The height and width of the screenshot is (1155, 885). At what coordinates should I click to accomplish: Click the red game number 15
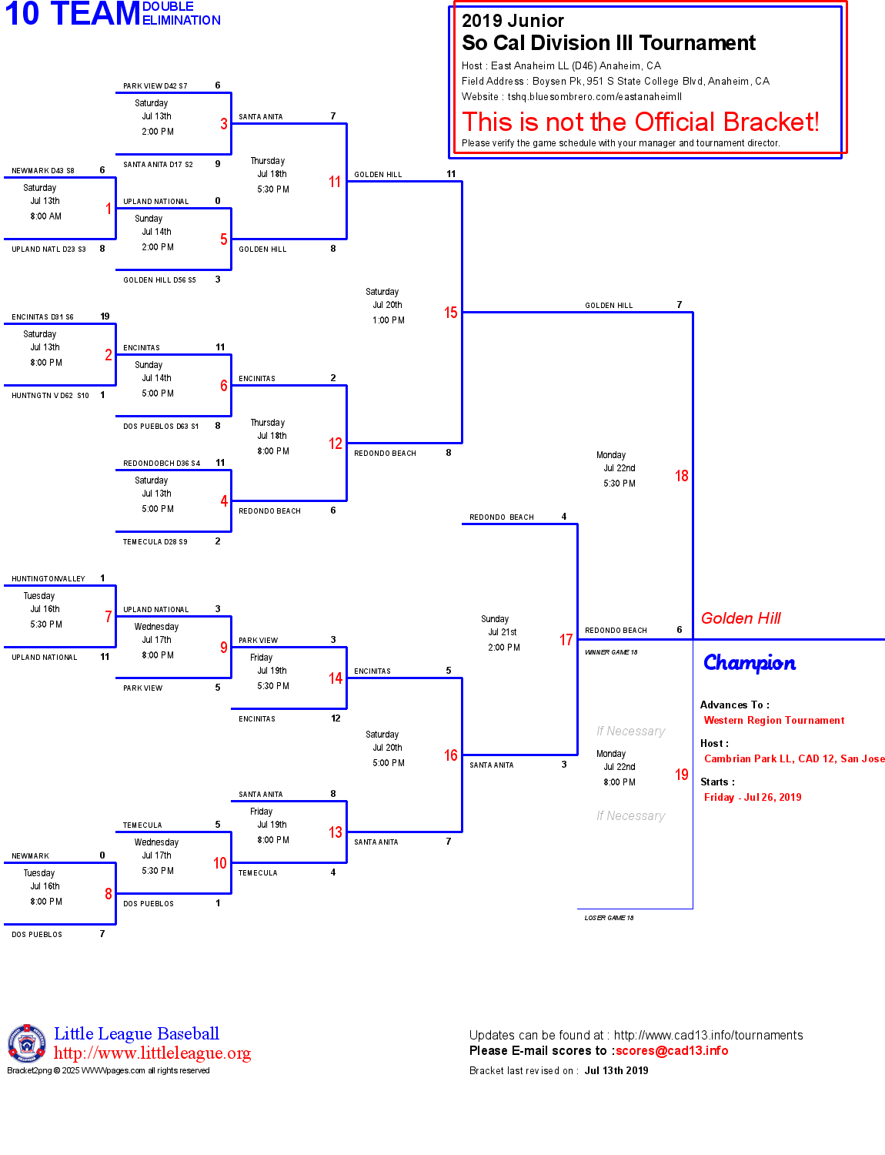pyautogui.click(x=450, y=313)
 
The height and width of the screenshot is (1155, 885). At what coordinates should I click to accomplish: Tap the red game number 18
pyautogui.click(x=681, y=476)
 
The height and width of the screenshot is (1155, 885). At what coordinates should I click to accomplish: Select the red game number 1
pyautogui.click(x=109, y=209)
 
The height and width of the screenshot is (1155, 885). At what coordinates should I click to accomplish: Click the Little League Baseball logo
pyautogui.click(x=27, y=1043)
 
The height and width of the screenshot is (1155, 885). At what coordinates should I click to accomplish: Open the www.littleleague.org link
pyautogui.click(x=152, y=1053)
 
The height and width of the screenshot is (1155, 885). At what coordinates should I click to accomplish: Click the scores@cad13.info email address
pyautogui.click(x=671, y=1051)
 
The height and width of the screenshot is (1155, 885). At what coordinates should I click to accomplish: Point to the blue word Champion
pyautogui.click(x=750, y=663)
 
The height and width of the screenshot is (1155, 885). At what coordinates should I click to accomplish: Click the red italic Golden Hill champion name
pyautogui.click(x=740, y=618)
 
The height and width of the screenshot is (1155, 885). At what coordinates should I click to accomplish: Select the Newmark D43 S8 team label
pyautogui.click(x=43, y=171)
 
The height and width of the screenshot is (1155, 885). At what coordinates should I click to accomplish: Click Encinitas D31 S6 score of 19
pyautogui.click(x=105, y=316)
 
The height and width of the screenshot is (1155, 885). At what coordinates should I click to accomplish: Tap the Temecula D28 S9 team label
pyautogui.click(x=155, y=542)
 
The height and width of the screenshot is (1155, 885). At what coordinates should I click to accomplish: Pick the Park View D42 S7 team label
pyautogui.click(x=155, y=86)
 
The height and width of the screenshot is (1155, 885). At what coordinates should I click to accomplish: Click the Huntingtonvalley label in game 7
pyautogui.click(x=48, y=579)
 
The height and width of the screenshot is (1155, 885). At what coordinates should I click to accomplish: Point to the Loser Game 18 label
pyautogui.click(x=609, y=918)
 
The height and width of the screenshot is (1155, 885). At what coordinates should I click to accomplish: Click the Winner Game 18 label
pyautogui.click(x=611, y=652)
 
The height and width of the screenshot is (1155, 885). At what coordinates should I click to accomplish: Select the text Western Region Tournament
pyautogui.click(x=774, y=721)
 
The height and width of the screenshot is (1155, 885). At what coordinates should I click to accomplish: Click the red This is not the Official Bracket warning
pyautogui.click(x=640, y=122)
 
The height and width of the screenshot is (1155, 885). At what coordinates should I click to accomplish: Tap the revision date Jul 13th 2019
pyautogui.click(x=616, y=1071)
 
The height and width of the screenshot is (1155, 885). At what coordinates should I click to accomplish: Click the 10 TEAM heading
pyautogui.click(x=72, y=14)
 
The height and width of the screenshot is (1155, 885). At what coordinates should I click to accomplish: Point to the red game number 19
pyautogui.click(x=681, y=775)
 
